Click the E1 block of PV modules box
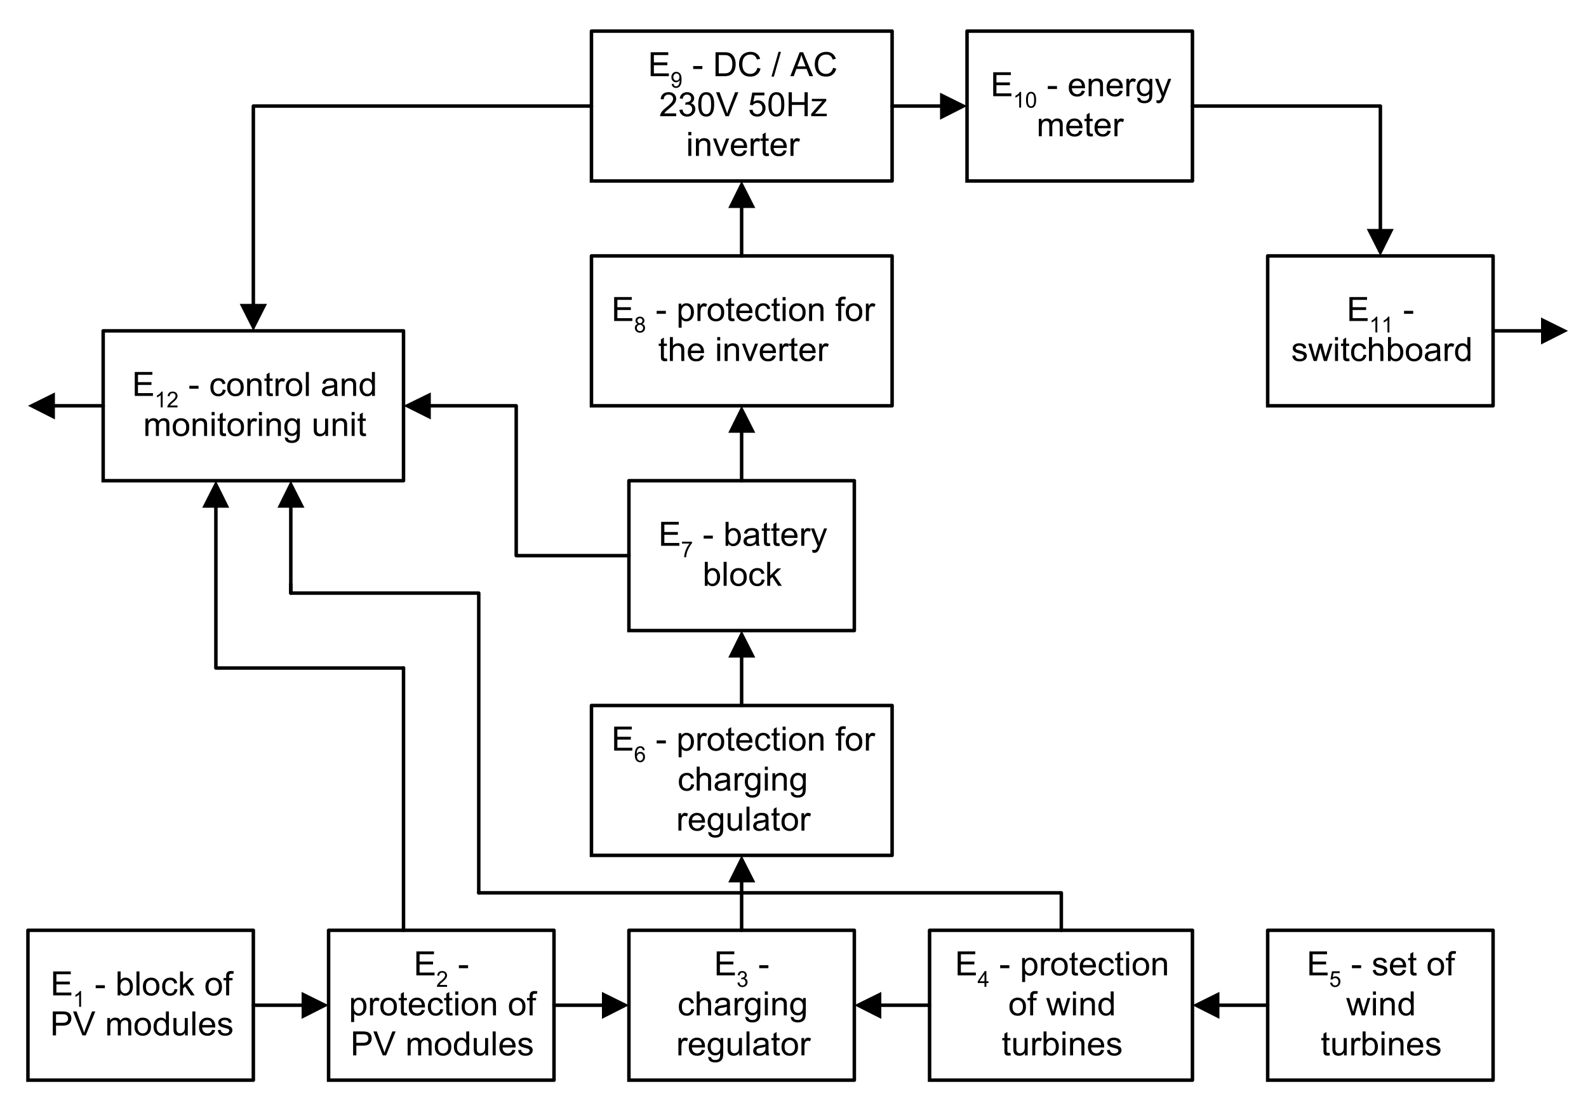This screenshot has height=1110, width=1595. click(140, 1005)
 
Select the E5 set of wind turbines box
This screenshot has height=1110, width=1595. click(1380, 1005)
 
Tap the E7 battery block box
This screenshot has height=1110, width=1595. click(741, 556)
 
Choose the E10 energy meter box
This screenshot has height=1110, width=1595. click(1079, 105)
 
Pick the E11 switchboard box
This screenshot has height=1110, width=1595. click(1380, 331)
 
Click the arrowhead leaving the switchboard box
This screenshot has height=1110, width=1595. click(1553, 331)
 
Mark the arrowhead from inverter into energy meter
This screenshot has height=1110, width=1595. click(952, 106)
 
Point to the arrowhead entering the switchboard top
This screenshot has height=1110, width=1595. click(1380, 241)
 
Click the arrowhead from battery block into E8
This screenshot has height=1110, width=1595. click(741, 421)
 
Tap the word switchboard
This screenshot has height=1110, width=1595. click(1381, 350)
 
